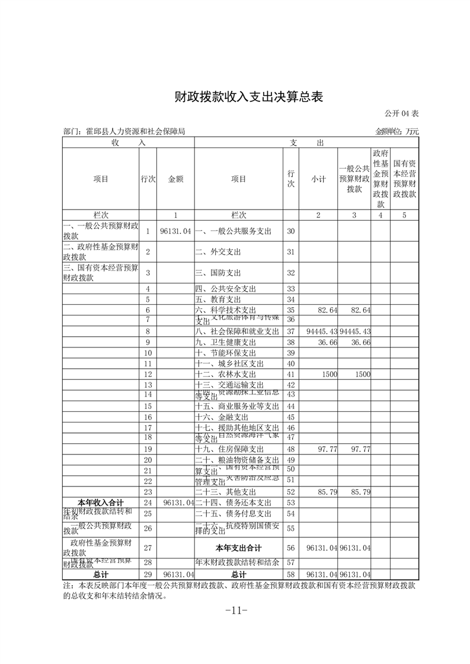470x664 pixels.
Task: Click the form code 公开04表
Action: click(x=402, y=113)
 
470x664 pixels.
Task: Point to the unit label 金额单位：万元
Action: click(x=397, y=131)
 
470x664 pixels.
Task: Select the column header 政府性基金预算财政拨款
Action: click(x=380, y=179)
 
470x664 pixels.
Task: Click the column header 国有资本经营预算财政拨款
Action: click(x=404, y=179)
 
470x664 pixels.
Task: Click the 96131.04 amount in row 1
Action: click(x=175, y=231)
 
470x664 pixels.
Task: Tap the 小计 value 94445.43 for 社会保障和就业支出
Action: click(x=319, y=331)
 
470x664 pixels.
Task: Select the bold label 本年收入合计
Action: click(x=101, y=502)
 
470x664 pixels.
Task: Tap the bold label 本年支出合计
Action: click(x=238, y=548)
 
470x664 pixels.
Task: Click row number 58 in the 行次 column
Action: click(x=290, y=574)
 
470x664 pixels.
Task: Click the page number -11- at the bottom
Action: click(x=235, y=610)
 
